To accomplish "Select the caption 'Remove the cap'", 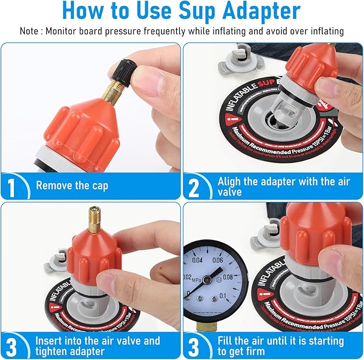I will (72, 186).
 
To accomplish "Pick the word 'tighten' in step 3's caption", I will (53, 351).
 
